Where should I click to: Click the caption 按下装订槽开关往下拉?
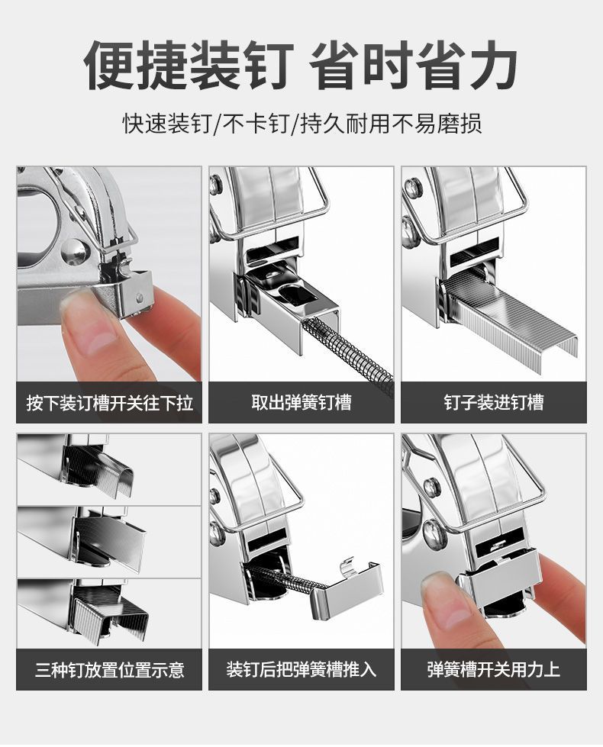click(109, 402)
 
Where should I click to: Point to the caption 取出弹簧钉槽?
click(301, 402)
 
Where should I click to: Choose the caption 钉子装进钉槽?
click(494, 402)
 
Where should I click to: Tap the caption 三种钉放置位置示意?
click(109, 670)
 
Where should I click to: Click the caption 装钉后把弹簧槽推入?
click(301, 670)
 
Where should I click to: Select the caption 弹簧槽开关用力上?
click(494, 670)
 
